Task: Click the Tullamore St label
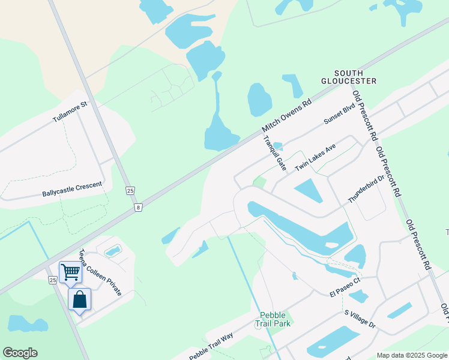pos(70,112)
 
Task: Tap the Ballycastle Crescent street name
pos(72,190)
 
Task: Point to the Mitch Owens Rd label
pos(287,116)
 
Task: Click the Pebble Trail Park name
pos(275,319)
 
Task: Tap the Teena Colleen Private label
pos(101,272)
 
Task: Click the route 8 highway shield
pos(139,208)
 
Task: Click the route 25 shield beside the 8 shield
pos(130,190)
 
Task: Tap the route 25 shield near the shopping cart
pos(53,280)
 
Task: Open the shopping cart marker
pos(70,272)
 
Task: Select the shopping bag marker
pos(79,298)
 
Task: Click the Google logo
pos(20,353)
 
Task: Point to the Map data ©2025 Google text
pos(411,355)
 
